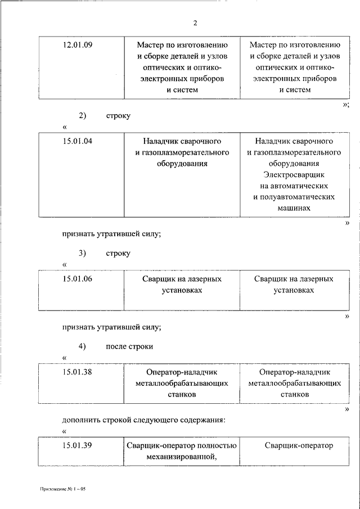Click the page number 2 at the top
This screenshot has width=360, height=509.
tap(195, 23)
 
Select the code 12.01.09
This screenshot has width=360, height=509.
tap(78, 45)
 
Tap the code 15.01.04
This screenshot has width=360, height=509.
tap(78, 141)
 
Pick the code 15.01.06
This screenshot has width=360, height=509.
tap(78, 279)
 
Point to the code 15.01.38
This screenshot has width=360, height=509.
tap(78, 372)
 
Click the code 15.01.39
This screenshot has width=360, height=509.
tap(78, 445)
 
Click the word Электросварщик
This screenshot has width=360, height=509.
tap(294, 175)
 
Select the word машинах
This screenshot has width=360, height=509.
tap(294, 208)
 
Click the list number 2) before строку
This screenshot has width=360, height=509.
tap(82, 116)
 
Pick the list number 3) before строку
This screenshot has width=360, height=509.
tap(82, 253)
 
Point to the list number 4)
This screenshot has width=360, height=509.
tap(82, 346)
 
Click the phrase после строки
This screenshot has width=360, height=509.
tap(129, 346)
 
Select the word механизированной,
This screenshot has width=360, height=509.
tap(182, 457)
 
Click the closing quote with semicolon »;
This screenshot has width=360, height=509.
tap(346, 105)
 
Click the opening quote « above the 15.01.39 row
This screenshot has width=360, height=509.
tap(64, 431)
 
